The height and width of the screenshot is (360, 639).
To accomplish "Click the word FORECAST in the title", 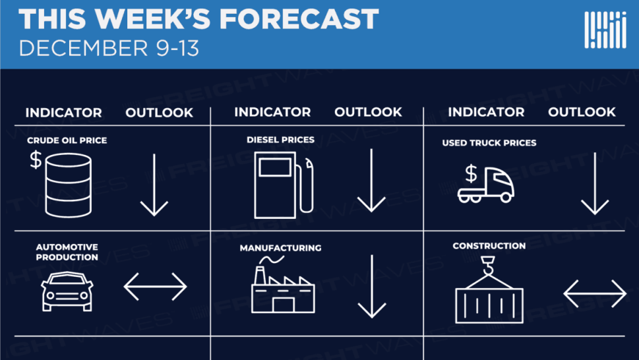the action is (x=299, y=18).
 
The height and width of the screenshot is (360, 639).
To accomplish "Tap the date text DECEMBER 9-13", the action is (x=109, y=48).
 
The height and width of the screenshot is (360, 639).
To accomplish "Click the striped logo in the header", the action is (x=605, y=30).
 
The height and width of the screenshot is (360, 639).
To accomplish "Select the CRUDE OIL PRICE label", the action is (x=67, y=140).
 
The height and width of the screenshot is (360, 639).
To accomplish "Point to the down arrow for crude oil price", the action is (x=154, y=185).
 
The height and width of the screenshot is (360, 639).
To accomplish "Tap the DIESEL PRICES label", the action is (x=280, y=140).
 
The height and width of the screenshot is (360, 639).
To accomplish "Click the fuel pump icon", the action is (x=284, y=185).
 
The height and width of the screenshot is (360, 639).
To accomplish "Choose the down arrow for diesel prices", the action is (x=371, y=180).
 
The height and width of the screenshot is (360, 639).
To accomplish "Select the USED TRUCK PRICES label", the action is (x=489, y=143).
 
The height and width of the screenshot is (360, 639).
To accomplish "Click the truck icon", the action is (x=486, y=184).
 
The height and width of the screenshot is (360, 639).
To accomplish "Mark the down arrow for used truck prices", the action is (x=595, y=183).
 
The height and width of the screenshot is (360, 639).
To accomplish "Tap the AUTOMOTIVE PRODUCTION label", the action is (x=67, y=252).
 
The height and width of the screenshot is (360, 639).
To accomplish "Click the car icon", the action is (x=67, y=291).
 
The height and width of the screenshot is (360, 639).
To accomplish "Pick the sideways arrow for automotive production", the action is (x=155, y=287).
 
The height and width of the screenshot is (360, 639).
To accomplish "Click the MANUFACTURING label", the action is (x=280, y=248).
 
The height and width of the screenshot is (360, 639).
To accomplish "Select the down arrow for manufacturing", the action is (x=372, y=286).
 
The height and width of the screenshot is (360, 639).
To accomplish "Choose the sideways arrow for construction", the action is (x=595, y=293).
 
